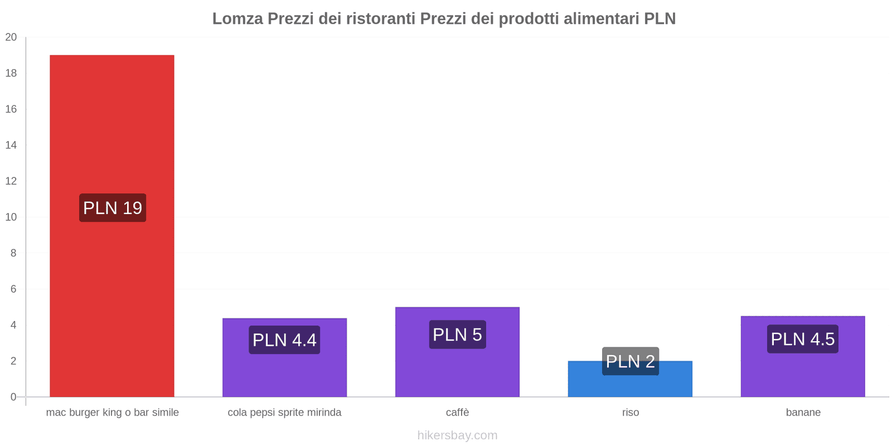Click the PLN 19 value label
pyautogui.click(x=113, y=208)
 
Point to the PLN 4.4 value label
pyautogui.click(x=284, y=340)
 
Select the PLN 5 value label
pyautogui.click(x=457, y=334)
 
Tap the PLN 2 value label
pyautogui.click(x=631, y=361)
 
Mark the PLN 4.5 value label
pyautogui.click(x=803, y=339)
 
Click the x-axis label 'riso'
pyautogui.click(x=631, y=413)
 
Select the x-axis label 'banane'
pyautogui.click(x=803, y=413)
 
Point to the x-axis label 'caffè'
pyautogui.click(x=457, y=413)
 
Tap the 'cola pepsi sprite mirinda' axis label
pyautogui.click(x=284, y=413)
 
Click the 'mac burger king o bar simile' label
pyautogui.click(x=113, y=413)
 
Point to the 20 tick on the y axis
pyautogui.click(x=11, y=37)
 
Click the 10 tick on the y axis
pyautogui.click(x=11, y=217)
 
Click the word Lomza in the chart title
pyautogui.click(x=237, y=18)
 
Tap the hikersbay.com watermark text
pyautogui.click(x=457, y=435)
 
